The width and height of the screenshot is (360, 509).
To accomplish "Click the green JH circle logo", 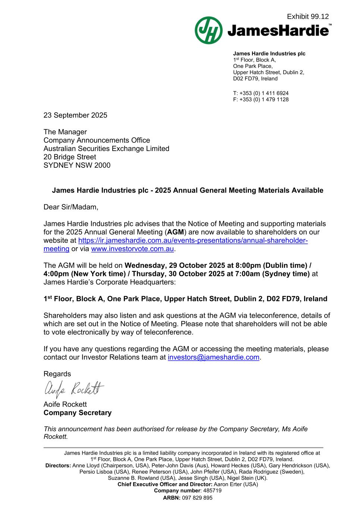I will (209, 30).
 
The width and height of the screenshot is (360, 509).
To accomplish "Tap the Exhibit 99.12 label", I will (308, 16).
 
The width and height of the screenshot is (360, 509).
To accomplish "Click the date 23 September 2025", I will (75, 115).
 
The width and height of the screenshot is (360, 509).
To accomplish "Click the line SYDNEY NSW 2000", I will (77, 165).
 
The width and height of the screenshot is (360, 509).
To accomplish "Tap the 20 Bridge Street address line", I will (70, 157).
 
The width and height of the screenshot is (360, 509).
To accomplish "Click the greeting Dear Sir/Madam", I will (71, 207).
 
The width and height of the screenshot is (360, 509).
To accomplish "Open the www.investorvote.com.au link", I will (132, 249).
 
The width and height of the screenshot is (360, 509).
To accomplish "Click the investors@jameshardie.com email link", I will (213, 357).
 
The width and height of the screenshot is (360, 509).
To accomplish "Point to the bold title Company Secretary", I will (78, 413).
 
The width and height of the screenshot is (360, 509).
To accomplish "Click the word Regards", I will (57, 374).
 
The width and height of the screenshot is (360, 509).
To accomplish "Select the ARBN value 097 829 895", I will (197, 498).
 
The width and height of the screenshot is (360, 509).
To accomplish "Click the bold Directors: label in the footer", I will (58, 465).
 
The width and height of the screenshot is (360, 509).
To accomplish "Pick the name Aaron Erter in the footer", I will (228, 484).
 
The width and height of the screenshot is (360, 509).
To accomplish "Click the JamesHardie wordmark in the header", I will (278, 31).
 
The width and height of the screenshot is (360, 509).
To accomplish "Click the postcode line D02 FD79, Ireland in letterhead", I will (255, 79).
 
